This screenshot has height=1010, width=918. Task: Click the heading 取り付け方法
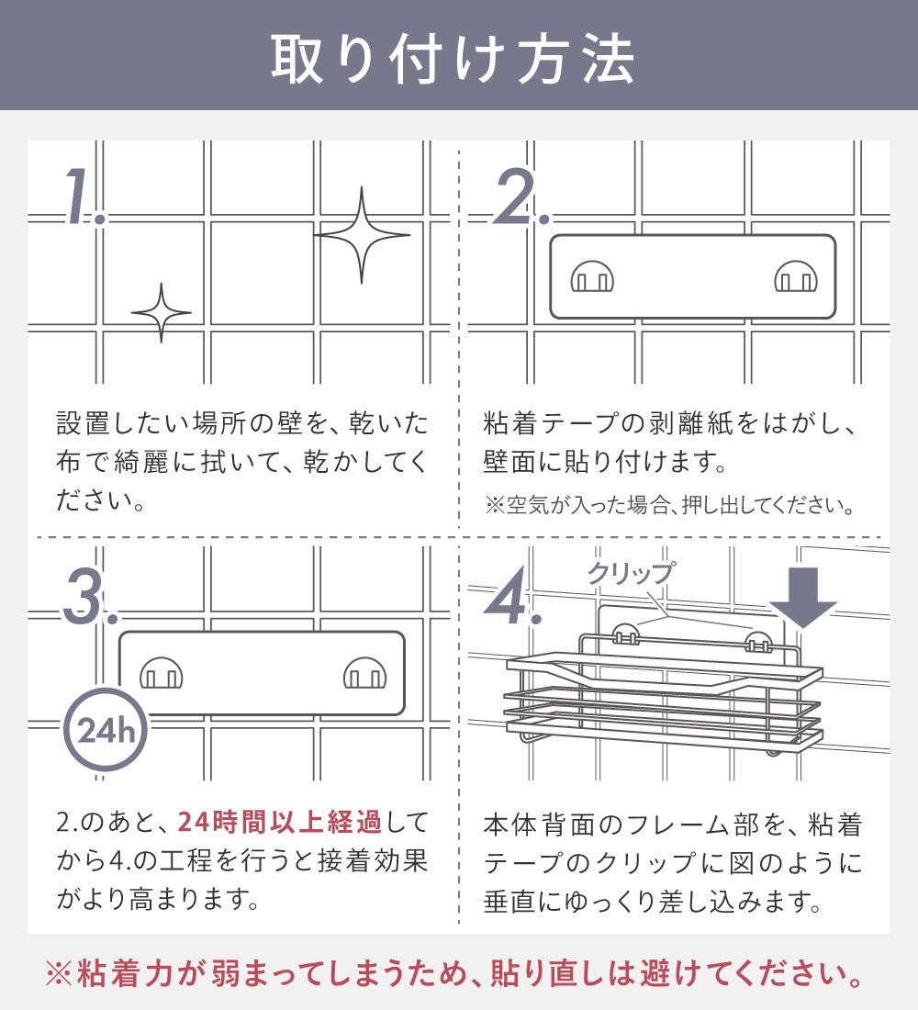pyautogui.click(x=453, y=59)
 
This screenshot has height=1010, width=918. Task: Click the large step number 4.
pyautogui.click(x=513, y=597)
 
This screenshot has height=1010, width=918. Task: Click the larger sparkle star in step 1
pyautogui.click(x=362, y=235)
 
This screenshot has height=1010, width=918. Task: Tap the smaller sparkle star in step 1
pyautogui.click(x=161, y=313)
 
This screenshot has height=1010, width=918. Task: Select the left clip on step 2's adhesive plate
pyautogui.click(x=592, y=276)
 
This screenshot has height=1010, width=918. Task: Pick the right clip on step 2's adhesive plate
pyautogui.click(x=796, y=276)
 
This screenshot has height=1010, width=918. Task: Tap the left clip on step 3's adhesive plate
pyautogui.click(x=161, y=673)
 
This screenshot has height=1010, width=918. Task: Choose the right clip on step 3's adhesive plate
pyautogui.click(x=364, y=673)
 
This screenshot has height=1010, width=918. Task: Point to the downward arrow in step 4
pyautogui.click(x=802, y=598)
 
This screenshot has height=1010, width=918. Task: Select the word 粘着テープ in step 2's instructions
pyautogui.click(x=550, y=424)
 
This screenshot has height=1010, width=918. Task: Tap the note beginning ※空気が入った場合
pyautogui.click(x=670, y=505)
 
